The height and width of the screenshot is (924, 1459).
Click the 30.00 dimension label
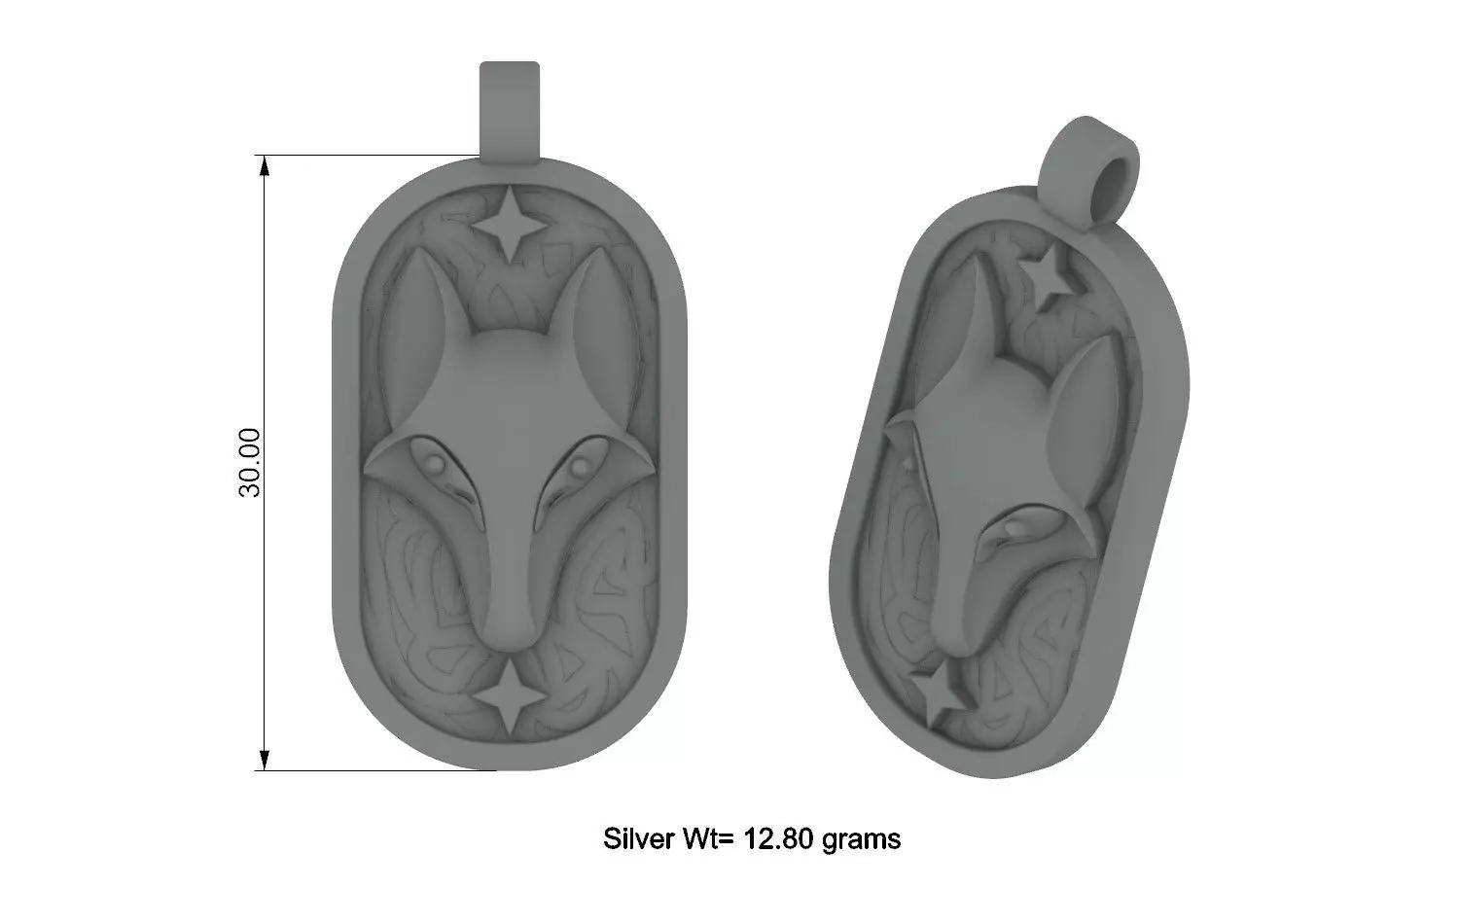[x=250, y=462]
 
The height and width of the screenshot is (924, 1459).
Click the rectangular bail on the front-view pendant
[x=509, y=108]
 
